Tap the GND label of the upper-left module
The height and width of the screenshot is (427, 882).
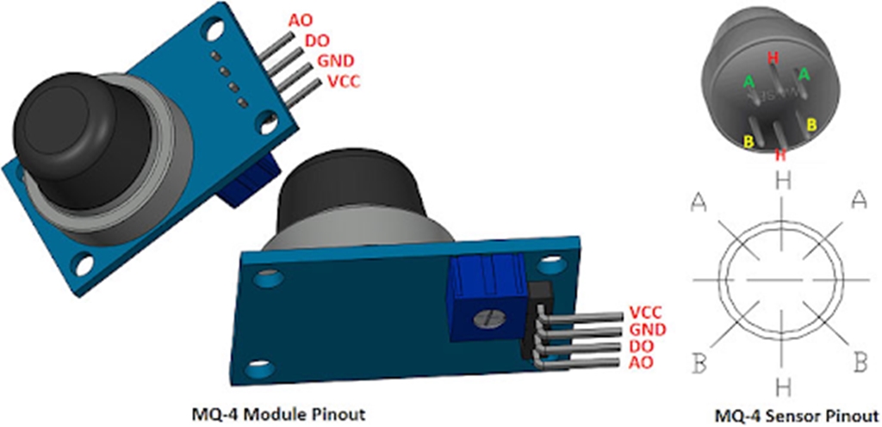(335, 61)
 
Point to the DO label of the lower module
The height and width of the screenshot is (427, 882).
(642, 344)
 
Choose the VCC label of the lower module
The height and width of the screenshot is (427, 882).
(645, 312)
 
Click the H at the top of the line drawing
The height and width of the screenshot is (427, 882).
(782, 181)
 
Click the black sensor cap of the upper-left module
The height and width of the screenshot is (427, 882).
(65, 129)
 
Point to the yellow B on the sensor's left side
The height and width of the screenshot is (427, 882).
(748, 140)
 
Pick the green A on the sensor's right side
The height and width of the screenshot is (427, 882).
(804, 75)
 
